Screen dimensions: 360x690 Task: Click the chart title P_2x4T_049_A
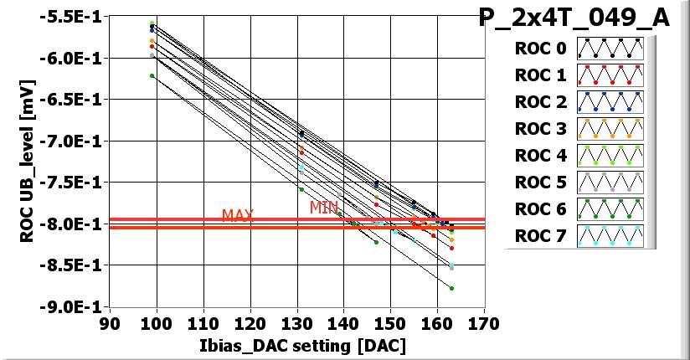[x=574, y=18]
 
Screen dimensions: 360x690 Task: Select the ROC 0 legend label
[x=540, y=49]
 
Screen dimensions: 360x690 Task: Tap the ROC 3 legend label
[x=540, y=129]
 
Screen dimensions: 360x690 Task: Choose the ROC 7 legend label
[x=540, y=236]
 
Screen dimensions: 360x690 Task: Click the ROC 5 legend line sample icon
[x=610, y=183]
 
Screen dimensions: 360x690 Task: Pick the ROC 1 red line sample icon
[x=610, y=75]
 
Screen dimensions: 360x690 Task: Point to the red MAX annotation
[x=238, y=216]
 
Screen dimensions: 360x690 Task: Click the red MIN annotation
[x=324, y=207]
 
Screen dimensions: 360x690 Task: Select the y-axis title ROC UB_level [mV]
[x=27, y=162]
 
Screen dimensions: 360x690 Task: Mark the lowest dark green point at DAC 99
[x=152, y=76]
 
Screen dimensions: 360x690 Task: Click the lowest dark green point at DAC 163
[x=451, y=288]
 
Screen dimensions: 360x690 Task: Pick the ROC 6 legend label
[x=540, y=209]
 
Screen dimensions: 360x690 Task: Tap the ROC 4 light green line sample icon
[x=610, y=156]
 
